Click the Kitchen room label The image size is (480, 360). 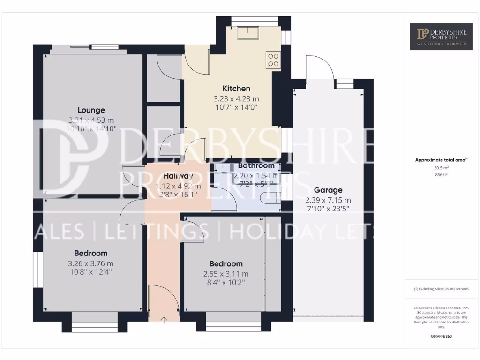click(236, 89)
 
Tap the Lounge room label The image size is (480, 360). click(91, 110)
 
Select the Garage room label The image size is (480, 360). click(328, 190)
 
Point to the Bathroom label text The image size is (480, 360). click(256, 165)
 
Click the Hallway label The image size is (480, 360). click(178, 176)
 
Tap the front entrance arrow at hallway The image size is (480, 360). click(164, 320)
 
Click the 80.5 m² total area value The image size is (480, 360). click(441, 167)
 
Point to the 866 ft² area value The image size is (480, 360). click(441, 174)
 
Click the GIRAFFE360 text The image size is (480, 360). click(441, 336)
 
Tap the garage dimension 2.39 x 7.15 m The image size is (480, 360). click(328, 200)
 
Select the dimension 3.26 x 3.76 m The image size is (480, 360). click(90, 263)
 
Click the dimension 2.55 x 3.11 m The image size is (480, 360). click(226, 274)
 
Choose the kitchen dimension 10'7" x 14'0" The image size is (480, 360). click(236, 107)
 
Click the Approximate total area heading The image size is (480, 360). click(441, 160)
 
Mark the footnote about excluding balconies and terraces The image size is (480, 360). click(441, 289)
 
